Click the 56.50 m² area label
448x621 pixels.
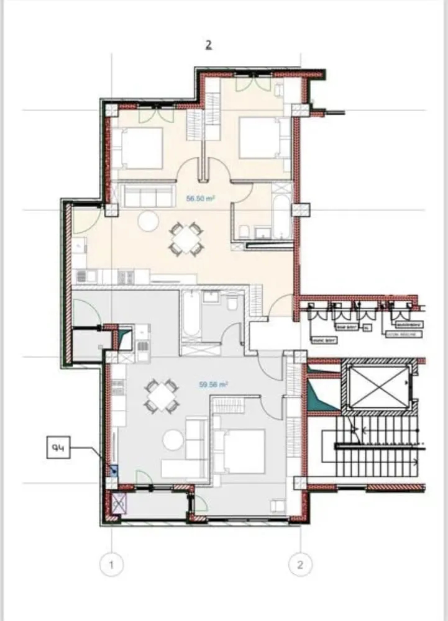coord(201,199)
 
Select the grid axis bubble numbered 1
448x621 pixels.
coord(112,565)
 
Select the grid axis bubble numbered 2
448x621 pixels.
coord(301,565)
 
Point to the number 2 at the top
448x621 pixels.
coord(209,45)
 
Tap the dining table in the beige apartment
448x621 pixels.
coord(186,240)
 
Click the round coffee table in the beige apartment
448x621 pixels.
coord(149,220)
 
